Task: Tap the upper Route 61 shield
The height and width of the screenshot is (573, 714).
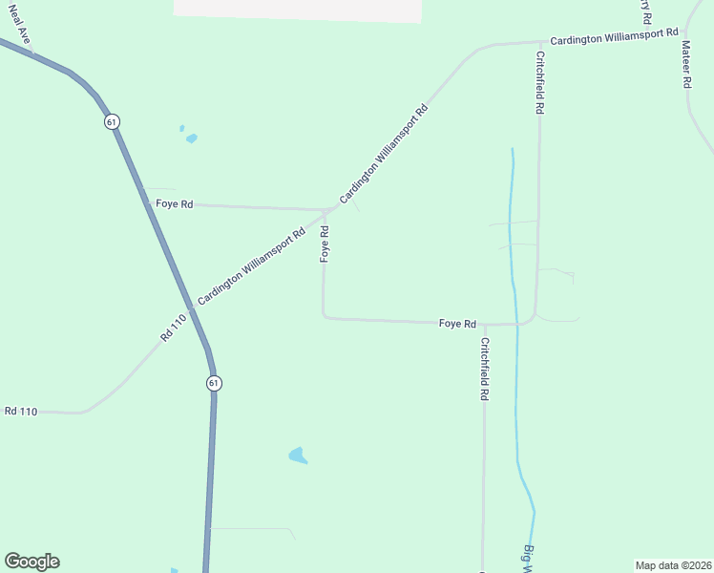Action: point(113,122)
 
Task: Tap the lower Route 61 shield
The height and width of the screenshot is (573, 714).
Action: point(213,382)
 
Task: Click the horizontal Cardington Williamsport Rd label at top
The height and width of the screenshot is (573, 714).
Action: point(614,40)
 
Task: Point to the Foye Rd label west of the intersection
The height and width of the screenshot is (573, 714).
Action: point(174,203)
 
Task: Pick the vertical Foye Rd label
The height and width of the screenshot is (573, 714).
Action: point(325,244)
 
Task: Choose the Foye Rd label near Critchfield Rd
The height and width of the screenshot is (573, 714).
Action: point(457,324)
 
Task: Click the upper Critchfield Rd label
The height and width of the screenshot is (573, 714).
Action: point(539,83)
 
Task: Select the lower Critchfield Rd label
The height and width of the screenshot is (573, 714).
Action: point(485,369)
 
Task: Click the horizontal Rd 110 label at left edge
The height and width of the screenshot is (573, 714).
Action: point(20,411)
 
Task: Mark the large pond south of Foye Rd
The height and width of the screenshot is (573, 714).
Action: point(298,456)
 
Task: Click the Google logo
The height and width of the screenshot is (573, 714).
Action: point(31,562)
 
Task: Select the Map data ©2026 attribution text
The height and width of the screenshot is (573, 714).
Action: point(673,564)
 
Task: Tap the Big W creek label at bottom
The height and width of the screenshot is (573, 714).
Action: point(528,559)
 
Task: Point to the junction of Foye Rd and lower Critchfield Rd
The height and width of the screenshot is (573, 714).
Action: point(485,325)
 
